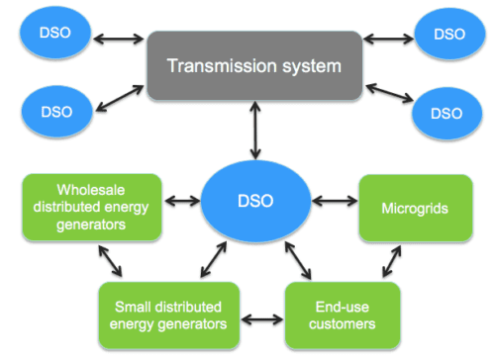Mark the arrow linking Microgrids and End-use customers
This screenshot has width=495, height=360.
pos(392,262)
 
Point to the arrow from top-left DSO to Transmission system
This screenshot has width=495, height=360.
pos(117,41)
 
